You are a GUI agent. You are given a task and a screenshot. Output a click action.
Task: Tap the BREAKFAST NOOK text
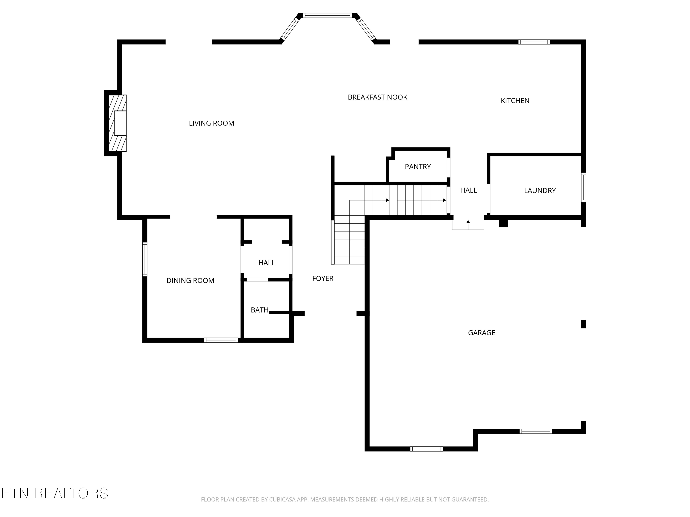(377, 97)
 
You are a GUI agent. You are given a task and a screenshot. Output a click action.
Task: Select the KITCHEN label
(515, 101)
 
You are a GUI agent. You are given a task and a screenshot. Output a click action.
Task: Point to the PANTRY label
(418, 167)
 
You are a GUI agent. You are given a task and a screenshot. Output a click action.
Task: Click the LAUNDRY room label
(540, 191)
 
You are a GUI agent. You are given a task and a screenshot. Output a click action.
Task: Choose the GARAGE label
(481, 333)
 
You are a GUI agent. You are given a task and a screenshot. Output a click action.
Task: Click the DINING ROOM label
(190, 281)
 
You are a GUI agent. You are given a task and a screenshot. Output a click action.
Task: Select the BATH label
(259, 310)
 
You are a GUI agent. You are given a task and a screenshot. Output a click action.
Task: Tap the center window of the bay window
(328, 15)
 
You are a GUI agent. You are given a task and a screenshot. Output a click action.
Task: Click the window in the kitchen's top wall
(534, 42)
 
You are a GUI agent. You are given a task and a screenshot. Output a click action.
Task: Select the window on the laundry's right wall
(583, 187)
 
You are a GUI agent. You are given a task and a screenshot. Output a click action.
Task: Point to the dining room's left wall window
(145, 259)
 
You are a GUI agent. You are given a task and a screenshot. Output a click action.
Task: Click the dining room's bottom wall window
(221, 340)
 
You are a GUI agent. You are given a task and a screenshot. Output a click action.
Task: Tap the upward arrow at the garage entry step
(468, 222)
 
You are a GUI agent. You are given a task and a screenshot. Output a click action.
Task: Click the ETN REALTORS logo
(55, 493)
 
